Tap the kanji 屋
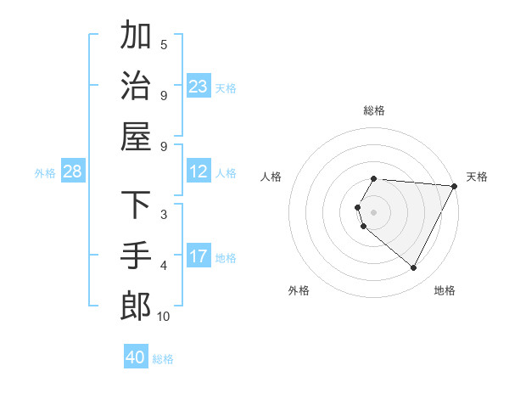[x=136, y=136]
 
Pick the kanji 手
[x=136, y=255]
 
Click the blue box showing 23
[x=199, y=87]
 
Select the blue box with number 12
[x=199, y=172]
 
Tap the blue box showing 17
[x=199, y=256]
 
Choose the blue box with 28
[x=73, y=172]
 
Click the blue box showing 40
[x=136, y=357]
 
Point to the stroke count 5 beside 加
[x=164, y=44]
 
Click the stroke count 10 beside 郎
[x=163, y=317]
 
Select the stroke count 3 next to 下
[x=164, y=215]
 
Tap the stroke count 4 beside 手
[x=164, y=266]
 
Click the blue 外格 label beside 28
[x=45, y=173]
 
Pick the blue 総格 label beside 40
[x=163, y=359]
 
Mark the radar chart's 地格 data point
[x=414, y=268]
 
